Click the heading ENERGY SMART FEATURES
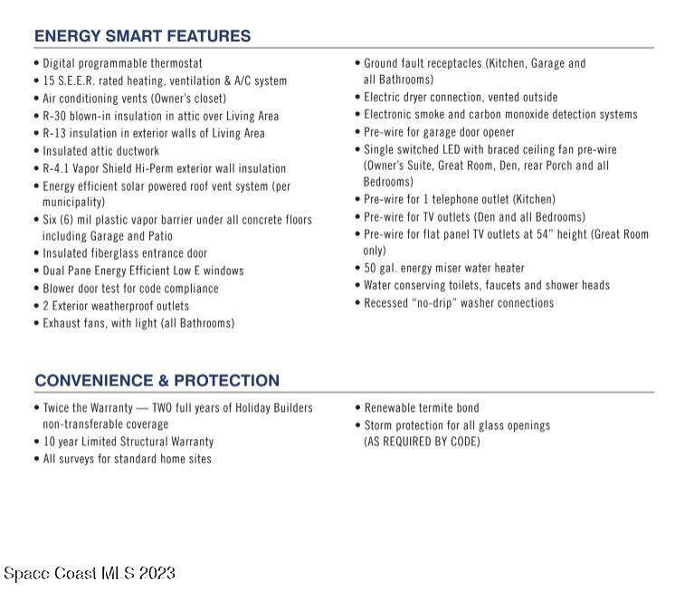pos(142,37)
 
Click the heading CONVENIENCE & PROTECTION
pos(157,381)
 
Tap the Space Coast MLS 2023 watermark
pos(90,573)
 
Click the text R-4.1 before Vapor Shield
pos(58,168)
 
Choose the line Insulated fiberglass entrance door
pos(125,253)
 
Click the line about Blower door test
pos(130,288)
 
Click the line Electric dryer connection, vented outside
pos(461,97)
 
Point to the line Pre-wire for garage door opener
pos(439,132)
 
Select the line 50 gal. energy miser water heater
pos(443,268)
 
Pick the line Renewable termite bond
pos(422,407)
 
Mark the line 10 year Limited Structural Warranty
pos(128,442)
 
